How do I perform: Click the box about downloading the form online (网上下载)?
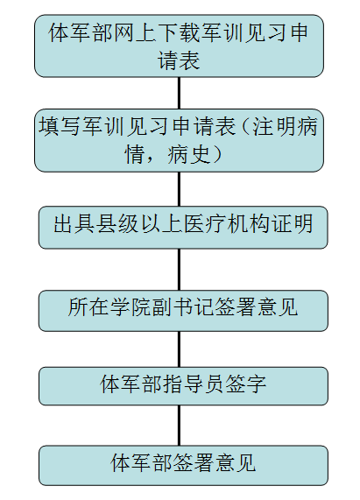pos(179,46)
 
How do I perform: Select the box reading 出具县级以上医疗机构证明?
pos(183,228)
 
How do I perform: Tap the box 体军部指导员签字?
pos(183,386)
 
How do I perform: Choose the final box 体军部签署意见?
pos(183,465)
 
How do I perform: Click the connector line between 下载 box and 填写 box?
pos(179,93)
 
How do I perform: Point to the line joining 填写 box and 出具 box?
pos(179,189)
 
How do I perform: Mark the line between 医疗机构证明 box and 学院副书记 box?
pos(179,270)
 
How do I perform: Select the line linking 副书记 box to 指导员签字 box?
pos(179,349)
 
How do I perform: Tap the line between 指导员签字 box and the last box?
pos(179,426)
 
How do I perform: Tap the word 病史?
pos(189,154)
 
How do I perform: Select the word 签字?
pos(246,384)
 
